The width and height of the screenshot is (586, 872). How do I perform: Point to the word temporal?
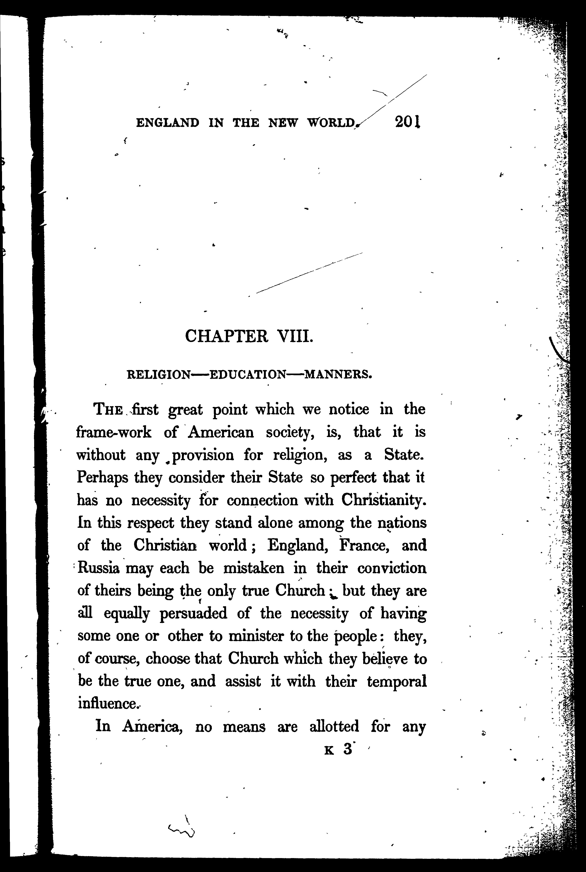coord(396,681)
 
